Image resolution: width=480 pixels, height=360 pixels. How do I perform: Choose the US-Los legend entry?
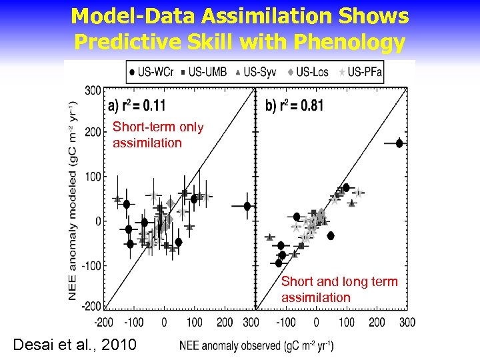(x=311, y=71)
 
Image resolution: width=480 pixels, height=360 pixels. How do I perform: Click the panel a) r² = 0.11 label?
(x=137, y=105)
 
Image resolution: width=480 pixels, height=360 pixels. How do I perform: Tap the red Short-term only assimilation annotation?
(x=157, y=135)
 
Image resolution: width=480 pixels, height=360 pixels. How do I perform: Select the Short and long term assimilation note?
(x=339, y=289)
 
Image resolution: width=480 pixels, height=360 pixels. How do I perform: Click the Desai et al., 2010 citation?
(x=75, y=345)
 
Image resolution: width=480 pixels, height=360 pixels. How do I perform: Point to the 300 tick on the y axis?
(x=93, y=90)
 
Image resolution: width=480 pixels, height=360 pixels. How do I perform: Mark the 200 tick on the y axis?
(x=93, y=132)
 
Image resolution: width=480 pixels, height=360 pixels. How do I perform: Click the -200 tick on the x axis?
(x=103, y=323)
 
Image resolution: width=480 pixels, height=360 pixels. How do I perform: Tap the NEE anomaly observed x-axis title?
(x=257, y=345)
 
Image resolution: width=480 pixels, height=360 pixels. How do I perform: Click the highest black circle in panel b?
(x=399, y=143)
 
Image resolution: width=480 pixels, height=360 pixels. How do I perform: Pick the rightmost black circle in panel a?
(x=247, y=206)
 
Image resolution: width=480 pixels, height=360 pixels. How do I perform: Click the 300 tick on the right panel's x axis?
(x=407, y=323)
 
